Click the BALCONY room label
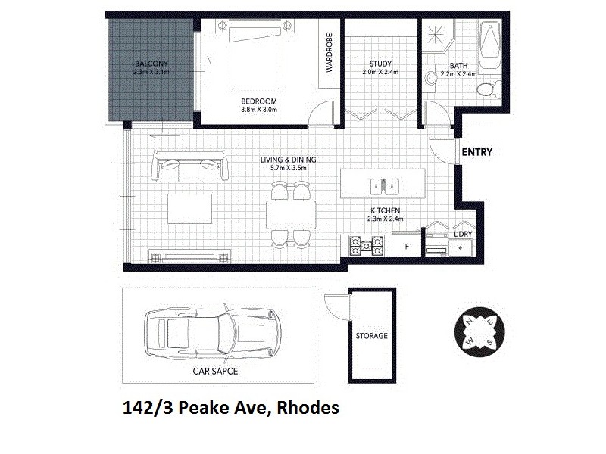[151, 63]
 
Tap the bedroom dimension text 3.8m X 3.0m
[260, 110]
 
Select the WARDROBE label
[330, 53]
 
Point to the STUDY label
[380, 64]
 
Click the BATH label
[458, 65]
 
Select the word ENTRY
[477, 152]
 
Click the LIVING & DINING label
[288, 160]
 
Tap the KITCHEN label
[385, 210]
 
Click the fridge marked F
[407, 246]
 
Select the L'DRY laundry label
[463, 235]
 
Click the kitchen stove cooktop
[365, 245]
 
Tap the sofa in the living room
[190, 165]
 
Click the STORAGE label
[372, 335]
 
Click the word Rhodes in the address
[308, 409]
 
